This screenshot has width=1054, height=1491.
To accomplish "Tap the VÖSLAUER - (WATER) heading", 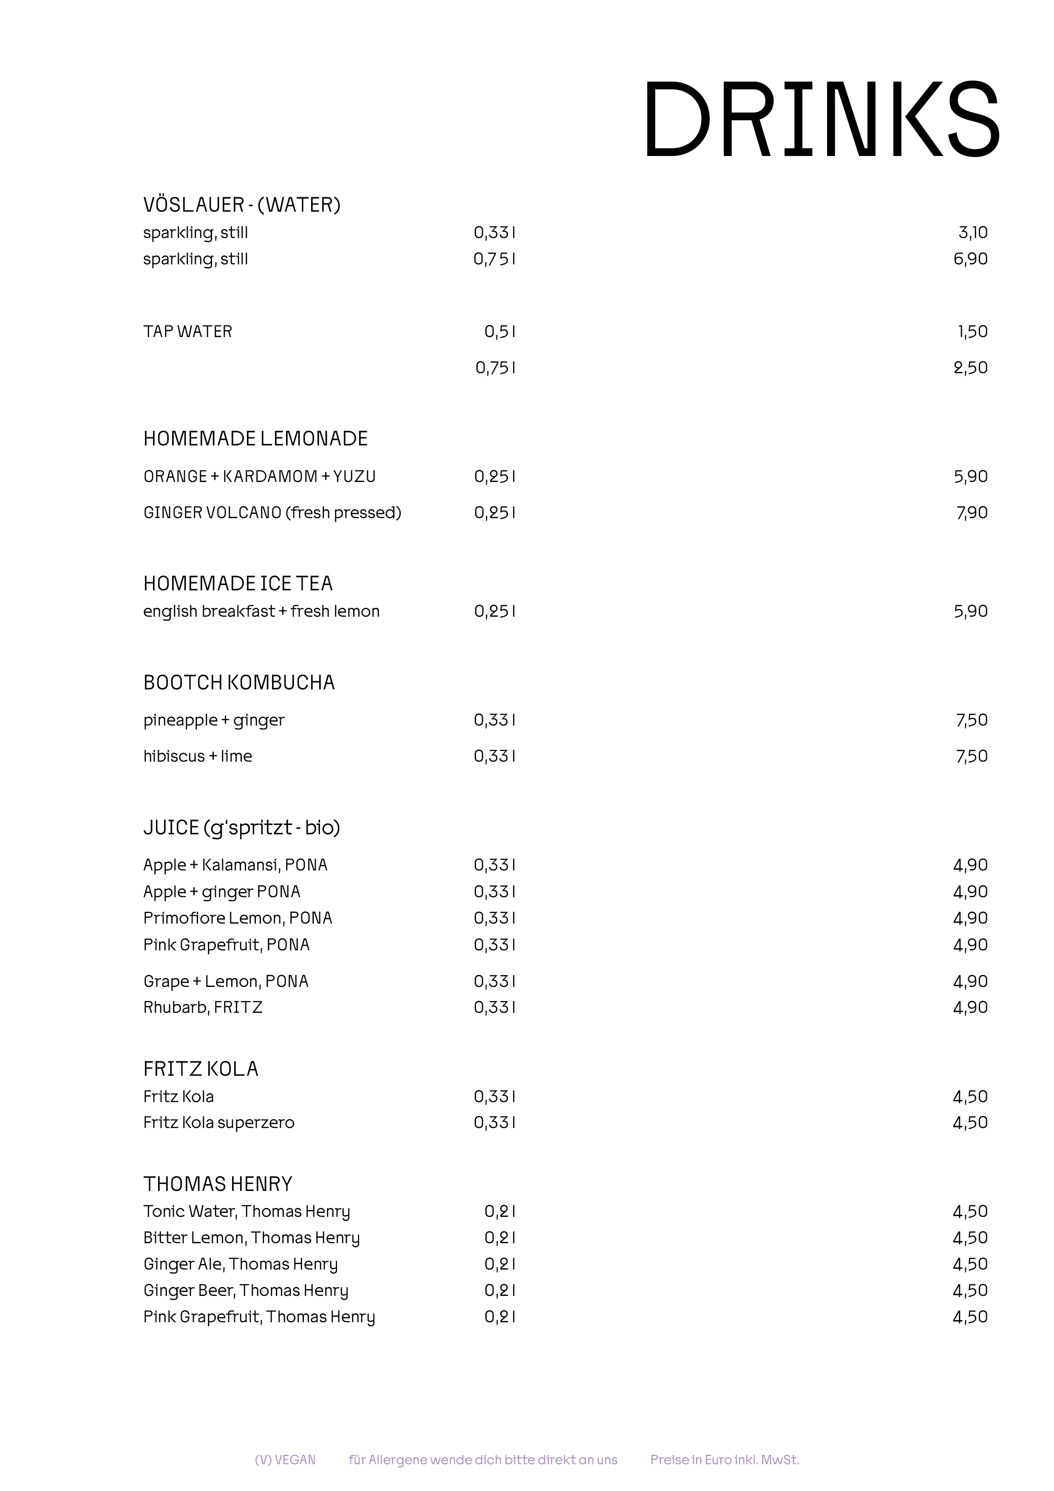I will pyautogui.click(x=241, y=205).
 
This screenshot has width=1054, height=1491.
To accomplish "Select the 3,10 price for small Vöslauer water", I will pyautogui.click(x=972, y=232).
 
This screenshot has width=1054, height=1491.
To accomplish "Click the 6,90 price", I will pyautogui.click(x=970, y=259).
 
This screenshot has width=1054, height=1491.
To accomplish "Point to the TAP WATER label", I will pyautogui.click(x=188, y=332).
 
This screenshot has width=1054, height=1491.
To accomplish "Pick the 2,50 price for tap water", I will pyautogui.click(x=970, y=368).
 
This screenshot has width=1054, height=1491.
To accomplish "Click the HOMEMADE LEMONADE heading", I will pyautogui.click(x=255, y=439).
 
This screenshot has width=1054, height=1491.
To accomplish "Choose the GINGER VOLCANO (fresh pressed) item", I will pyautogui.click(x=272, y=513).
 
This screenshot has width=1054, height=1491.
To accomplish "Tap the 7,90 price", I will pyautogui.click(x=972, y=513).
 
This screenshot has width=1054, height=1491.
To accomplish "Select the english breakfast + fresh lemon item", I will pyautogui.click(x=261, y=612).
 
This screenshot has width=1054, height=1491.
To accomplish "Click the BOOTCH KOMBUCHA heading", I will pyautogui.click(x=239, y=683).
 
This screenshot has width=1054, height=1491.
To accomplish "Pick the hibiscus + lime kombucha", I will pyautogui.click(x=198, y=757).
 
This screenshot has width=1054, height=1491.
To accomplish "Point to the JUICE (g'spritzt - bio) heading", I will pyautogui.click(x=241, y=828).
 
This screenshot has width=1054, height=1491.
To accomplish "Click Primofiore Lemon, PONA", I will pyautogui.click(x=238, y=918).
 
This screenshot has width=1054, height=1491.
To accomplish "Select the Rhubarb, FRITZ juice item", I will pyautogui.click(x=203, y=1008).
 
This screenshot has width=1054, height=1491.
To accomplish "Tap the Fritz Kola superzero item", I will pyautogui.click(x=219, y=1123).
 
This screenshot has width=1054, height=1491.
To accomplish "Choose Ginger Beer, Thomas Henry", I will pyautogui.click(x=246, y=1290).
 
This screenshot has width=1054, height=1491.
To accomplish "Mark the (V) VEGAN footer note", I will pyautogui.click(x=285, y=1460).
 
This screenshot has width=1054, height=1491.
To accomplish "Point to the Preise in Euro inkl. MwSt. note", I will pyautogui.click(x=724, y=1460).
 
